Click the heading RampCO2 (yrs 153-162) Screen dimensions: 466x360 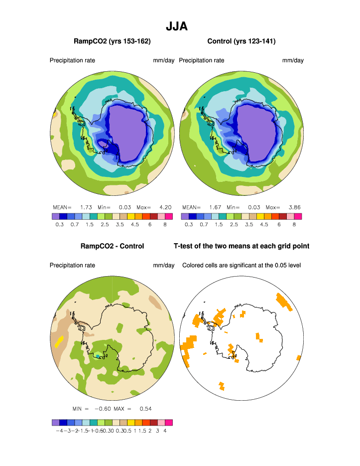[x=112, y=41]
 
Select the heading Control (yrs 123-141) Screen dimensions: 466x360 [x=241, y=41]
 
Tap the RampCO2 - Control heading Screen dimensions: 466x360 [x=112, y=246]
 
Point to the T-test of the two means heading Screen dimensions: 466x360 [x=241, y=246]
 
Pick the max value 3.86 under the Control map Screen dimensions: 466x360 [x=294, y=207]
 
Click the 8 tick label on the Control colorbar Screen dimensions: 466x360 [x=294, y=225]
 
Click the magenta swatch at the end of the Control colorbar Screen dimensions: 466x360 [x=298, y=216]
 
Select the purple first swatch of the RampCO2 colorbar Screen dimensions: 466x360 [x=55, y=216]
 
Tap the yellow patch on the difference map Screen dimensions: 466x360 [x=59, y=341]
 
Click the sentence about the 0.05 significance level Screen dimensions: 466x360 [x=241, y=265]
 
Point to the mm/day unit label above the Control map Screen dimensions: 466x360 [x=293, y=60]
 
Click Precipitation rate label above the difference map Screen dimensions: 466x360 [x=72, y=265]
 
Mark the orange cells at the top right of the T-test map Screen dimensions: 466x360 [x=283, y=301]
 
